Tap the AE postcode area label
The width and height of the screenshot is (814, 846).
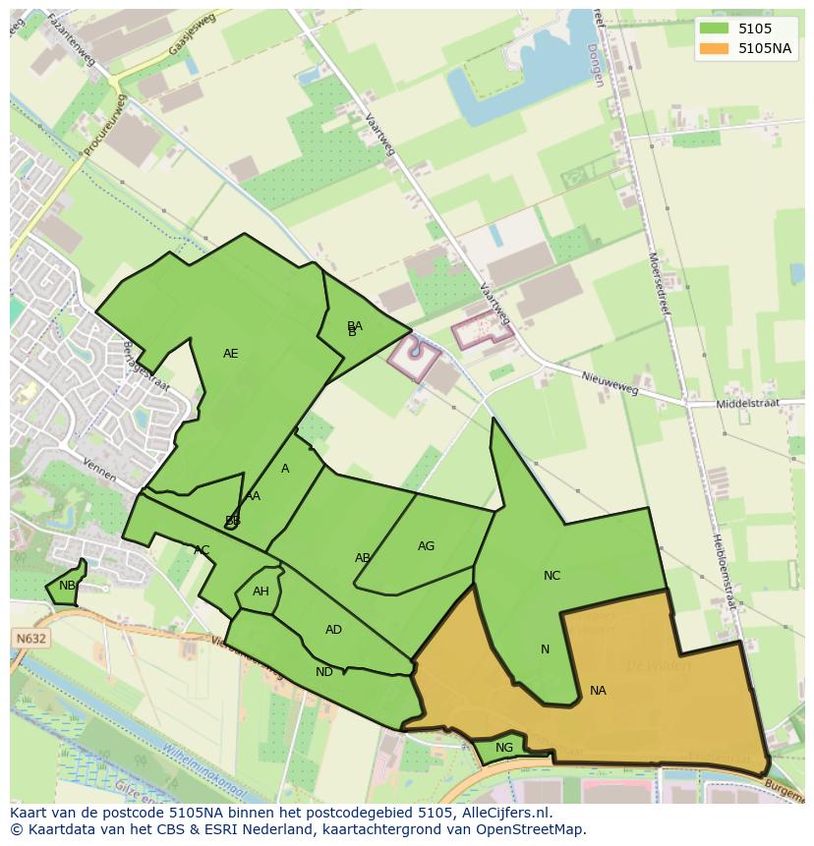[x=230, y=354]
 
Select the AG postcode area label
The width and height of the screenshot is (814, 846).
[x=426, y=546]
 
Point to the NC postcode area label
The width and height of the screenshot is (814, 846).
[x=552, y=576]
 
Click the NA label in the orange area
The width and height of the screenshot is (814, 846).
[x=598, y=691]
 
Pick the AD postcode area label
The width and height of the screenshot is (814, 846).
[x=333, y=630]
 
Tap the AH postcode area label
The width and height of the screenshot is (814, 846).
[x=261, y=592]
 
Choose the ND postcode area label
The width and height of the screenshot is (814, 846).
[x=324, y=672]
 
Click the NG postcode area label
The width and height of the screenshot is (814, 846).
[x=504, y=748]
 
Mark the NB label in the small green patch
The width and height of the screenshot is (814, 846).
[x=67, y=586]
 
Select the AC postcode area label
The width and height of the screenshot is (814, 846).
[x=202, y=550]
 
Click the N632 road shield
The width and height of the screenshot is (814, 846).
[x=31, y=639]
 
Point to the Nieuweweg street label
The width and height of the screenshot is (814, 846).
[x=610, y=382]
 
